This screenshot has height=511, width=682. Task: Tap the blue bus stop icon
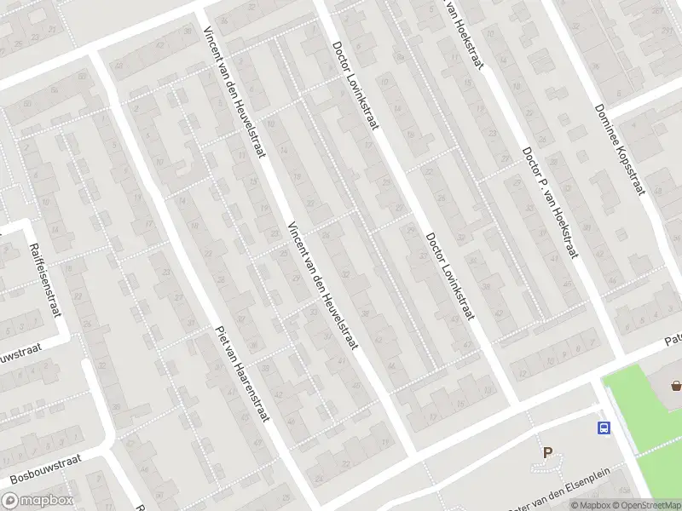pyautogui.click(x=604, y=428)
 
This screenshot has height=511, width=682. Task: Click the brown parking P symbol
pyautogui.click(x=547, y=453)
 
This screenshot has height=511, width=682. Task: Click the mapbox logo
pyautogui.click(x=38, y=501)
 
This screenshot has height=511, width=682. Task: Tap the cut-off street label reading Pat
pyautogui.click(x=673, y=341)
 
